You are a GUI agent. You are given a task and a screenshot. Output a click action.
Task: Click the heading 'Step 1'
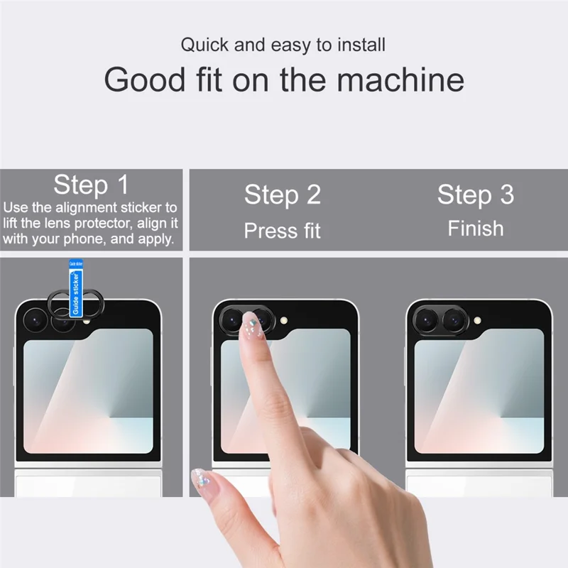91,185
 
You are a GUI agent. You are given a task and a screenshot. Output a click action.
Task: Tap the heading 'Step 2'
282,195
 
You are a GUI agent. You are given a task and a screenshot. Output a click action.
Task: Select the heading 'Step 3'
475,195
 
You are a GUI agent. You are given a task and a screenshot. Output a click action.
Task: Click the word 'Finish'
475,229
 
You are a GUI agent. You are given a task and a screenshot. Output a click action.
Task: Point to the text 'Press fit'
282,231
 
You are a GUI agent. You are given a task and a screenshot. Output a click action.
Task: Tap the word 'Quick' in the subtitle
206,45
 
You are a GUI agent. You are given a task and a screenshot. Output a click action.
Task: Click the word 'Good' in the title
144,80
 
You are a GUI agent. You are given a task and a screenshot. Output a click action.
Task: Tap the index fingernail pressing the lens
248,324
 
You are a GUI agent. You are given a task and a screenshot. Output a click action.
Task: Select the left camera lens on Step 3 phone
425,321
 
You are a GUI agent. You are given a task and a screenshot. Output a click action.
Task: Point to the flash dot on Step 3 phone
477,321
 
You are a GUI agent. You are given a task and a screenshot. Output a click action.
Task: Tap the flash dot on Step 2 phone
285,321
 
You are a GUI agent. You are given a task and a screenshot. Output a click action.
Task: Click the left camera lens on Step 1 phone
33,321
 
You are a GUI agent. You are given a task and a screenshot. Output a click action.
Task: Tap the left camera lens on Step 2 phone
231,322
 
